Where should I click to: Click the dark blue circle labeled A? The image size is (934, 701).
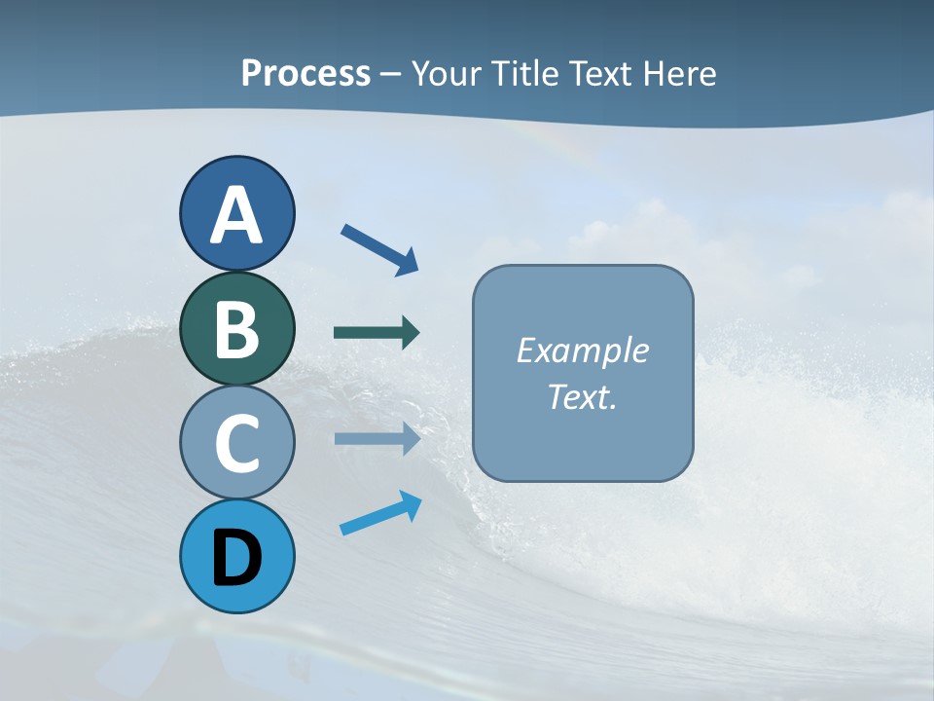(236, 213)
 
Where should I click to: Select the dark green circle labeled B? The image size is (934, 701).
(236, 328)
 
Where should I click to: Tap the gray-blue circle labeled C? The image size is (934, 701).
(236, 442)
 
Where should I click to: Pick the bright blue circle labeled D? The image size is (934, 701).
(236, 556)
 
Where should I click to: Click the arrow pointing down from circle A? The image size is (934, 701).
(377, 249)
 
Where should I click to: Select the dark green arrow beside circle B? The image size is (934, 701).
(376, 333)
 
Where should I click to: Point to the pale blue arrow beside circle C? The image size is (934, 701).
(376, 438)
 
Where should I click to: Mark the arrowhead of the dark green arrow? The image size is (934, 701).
(411, 333)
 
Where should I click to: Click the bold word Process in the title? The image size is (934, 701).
(305, 74)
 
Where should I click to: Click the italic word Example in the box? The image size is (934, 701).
(582, 350)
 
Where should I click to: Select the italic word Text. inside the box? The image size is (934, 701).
(582, 397)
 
